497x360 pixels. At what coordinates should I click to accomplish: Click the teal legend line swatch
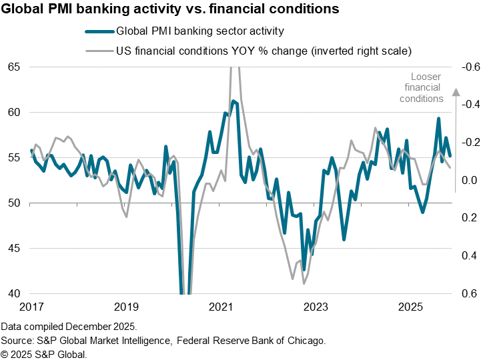click(100, 31)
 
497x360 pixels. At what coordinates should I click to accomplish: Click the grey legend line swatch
click(100, 51)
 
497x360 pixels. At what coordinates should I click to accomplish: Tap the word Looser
click(426, 77)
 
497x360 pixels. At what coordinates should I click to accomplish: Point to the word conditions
click(422, 99)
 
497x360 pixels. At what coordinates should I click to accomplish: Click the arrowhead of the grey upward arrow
click(456, 93)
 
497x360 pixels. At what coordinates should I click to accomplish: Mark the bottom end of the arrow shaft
click(456, 192)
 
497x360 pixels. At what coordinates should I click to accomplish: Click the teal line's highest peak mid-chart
click(233, 101)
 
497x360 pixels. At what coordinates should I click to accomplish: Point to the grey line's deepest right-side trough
click(304, 283)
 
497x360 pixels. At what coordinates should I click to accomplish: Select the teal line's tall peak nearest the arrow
click(438, 119)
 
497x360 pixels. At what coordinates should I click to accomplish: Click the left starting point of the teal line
click(31, 153)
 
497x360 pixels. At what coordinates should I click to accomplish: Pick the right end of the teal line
click(451, 156)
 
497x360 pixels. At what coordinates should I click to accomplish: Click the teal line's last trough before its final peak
click(422, 211)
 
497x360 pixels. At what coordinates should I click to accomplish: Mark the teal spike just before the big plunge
click(166, 146)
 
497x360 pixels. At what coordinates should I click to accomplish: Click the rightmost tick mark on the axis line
click(408, 204)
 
